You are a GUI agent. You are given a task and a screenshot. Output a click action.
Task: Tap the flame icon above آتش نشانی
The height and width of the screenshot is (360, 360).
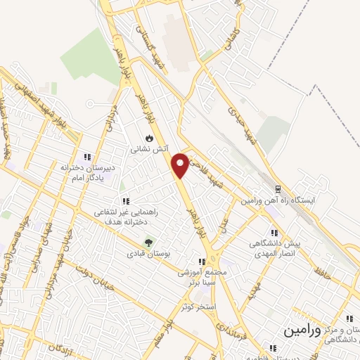149,138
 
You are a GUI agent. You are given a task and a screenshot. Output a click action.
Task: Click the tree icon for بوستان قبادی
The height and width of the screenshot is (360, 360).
148,243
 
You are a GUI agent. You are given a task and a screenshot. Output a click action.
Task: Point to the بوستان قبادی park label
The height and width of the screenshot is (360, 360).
148,254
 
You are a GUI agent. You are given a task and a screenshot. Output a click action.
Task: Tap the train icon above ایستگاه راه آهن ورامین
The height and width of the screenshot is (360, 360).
277,189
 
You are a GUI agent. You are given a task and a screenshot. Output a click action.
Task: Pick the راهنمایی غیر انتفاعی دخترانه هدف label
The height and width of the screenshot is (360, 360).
126,215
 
